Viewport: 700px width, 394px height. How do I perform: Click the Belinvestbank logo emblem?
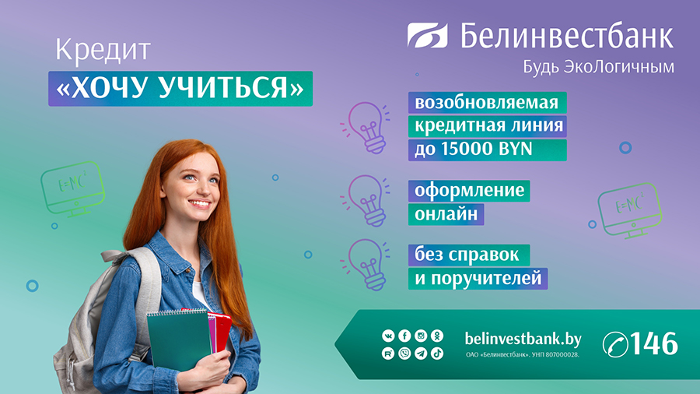(x=427, y=35)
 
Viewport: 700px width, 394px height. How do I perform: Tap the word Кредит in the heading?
(x=103, y=50)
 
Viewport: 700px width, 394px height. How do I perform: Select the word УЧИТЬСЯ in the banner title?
(x=224, y=87)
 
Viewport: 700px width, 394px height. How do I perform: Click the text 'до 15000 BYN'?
(x=474, y=150)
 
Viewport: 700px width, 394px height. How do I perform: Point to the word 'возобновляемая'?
(x=487, y=103)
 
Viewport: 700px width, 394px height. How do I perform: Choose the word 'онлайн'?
(x=446, y=214)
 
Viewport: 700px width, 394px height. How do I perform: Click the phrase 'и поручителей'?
(x=478, y=278)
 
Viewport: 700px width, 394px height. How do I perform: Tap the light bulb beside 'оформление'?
(x=366, y=200)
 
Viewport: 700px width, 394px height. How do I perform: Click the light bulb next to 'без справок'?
(x=366, y=265)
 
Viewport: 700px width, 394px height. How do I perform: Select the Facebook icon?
(x=404, y=336)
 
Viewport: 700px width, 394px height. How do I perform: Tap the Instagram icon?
(x=421, y=336)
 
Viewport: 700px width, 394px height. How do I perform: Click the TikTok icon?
(x=437, y=354)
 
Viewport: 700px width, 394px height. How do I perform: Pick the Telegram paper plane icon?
(x=421, y=354)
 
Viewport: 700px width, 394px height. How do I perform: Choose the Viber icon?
(x=404, y=354)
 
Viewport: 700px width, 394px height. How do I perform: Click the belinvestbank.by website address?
(x=523, y=339)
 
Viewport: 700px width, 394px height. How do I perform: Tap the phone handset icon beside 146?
(x=615, y=344)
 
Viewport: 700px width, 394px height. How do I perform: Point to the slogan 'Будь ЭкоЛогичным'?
(x=599, y=67)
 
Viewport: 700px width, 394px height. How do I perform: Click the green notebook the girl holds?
(x=179, y=339)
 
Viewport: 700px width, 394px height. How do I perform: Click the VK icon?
(x=388, y=336)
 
